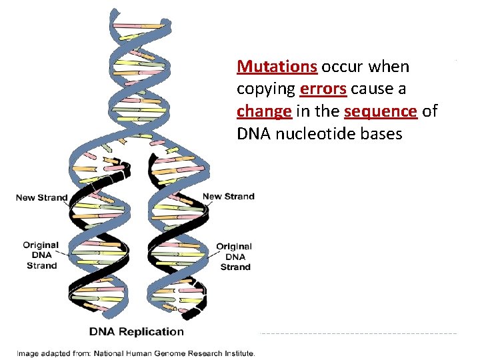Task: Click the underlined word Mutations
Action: (277, 67)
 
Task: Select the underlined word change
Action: (264, 111)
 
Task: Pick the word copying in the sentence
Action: (266, 89)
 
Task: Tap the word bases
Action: (380, 133)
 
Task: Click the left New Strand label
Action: (41, 197)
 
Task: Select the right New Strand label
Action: (228, 196)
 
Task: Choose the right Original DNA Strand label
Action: (235, 257)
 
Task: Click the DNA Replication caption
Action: (137, 331)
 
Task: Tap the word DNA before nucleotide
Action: (251, 133)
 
